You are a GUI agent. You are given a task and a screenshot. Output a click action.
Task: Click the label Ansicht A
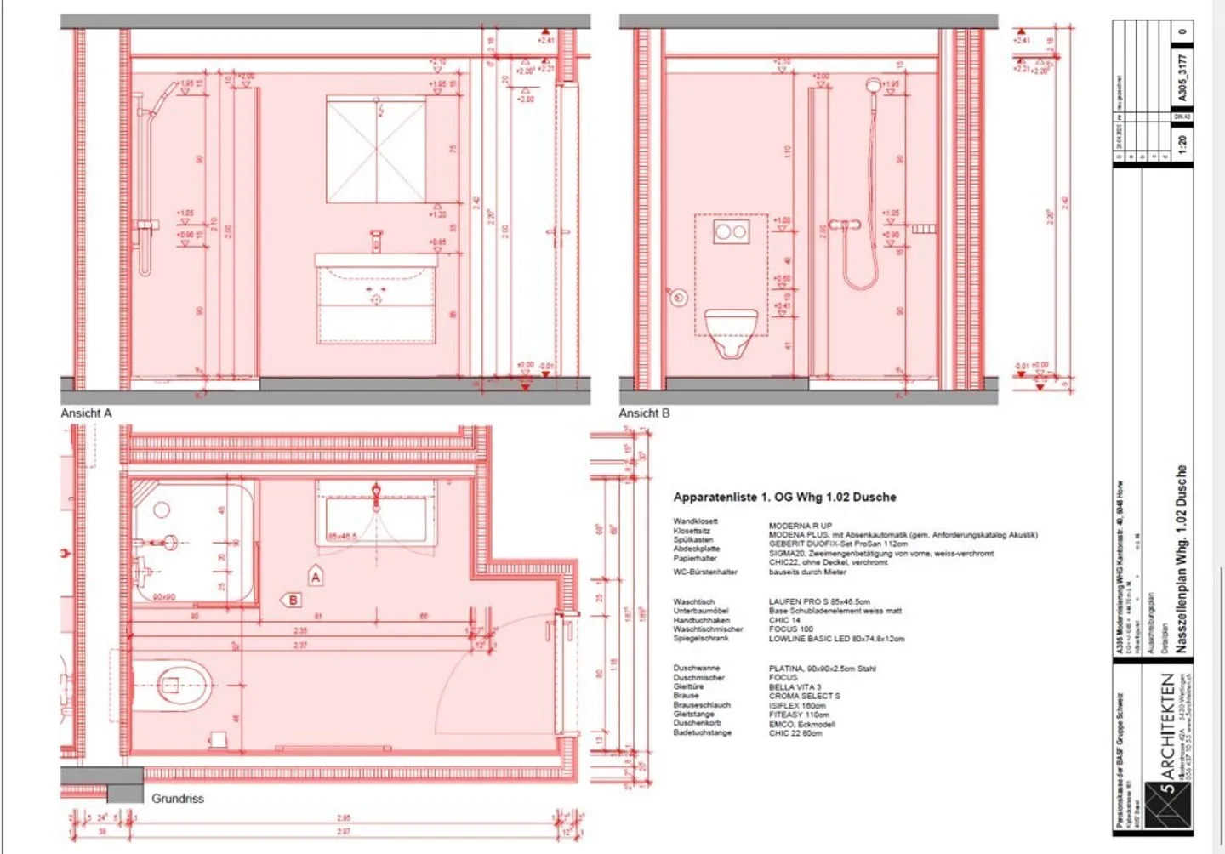click(x=86, y=413)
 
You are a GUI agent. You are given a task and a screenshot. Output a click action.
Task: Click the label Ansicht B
click(x=644, y=413)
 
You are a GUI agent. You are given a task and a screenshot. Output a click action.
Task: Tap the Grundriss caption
click(x=178, y=799)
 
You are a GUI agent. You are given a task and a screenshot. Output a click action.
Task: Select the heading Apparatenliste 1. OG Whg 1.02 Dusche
click(x=784, y=497)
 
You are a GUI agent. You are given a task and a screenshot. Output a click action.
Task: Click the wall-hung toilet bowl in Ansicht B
click(x=731, y=331)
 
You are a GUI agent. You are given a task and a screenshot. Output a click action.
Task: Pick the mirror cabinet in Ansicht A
click(x=376, y=150)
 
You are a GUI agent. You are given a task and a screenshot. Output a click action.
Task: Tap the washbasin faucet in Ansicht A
click(x=376, y=242)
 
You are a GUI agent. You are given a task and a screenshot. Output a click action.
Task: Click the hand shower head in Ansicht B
click(x=873, y=86)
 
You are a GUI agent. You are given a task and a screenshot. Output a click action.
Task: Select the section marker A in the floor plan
click(x=316, y=577)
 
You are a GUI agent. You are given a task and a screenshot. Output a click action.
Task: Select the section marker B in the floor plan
click(x=292, y=600)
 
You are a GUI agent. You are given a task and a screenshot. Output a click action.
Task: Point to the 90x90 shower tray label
click(x=164, y=597)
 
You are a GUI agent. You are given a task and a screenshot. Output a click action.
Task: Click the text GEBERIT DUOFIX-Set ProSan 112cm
click(x=837, y=544)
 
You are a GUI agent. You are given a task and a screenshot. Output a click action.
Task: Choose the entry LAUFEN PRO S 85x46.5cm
click(x=819, y=601)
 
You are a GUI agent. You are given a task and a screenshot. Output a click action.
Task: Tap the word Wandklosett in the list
click(x=695, y=521)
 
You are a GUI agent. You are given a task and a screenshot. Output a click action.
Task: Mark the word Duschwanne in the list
click(x=696, y=669)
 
